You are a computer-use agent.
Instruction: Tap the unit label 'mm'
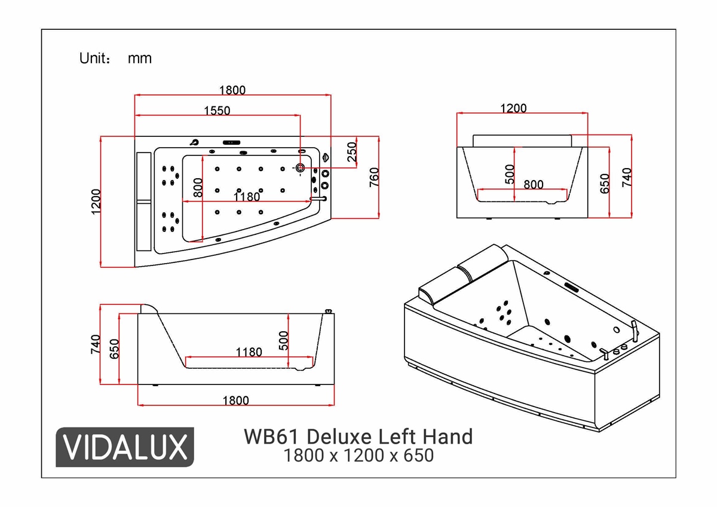(x=140, y=59)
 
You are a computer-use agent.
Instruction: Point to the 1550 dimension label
(x=217, y=110)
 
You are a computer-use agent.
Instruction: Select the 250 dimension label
(x=353, y=152)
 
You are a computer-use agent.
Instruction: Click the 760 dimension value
(x=374, y=178)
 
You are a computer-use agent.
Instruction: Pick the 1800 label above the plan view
(x=232, y=90)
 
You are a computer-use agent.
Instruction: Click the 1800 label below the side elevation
(x=235, y=401)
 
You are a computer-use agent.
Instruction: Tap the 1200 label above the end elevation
(x=513, y=108)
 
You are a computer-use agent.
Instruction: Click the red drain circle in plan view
(x=301, y=168)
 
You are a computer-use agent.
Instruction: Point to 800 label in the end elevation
(x=534, y=185)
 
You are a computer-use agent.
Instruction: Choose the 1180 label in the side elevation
(x=249, y=352)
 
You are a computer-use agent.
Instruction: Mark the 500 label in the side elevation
(x=284, y=341)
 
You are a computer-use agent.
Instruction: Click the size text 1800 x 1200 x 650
(x=358, y=456)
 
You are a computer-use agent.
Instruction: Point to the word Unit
(x=94, y=59)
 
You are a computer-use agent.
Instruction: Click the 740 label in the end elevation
(x=626, y=178)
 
